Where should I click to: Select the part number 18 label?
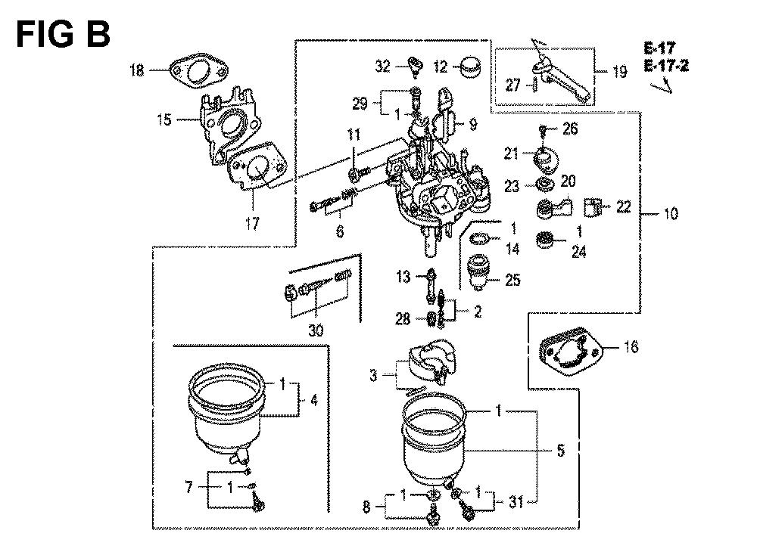point(137,70)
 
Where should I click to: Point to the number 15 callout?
point(164,119)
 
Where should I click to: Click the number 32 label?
point(382,67)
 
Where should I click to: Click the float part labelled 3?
point(429,363)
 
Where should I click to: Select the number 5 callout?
point(560,452)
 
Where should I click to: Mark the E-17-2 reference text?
point(667,66)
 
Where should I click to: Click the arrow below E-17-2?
point(662,85)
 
